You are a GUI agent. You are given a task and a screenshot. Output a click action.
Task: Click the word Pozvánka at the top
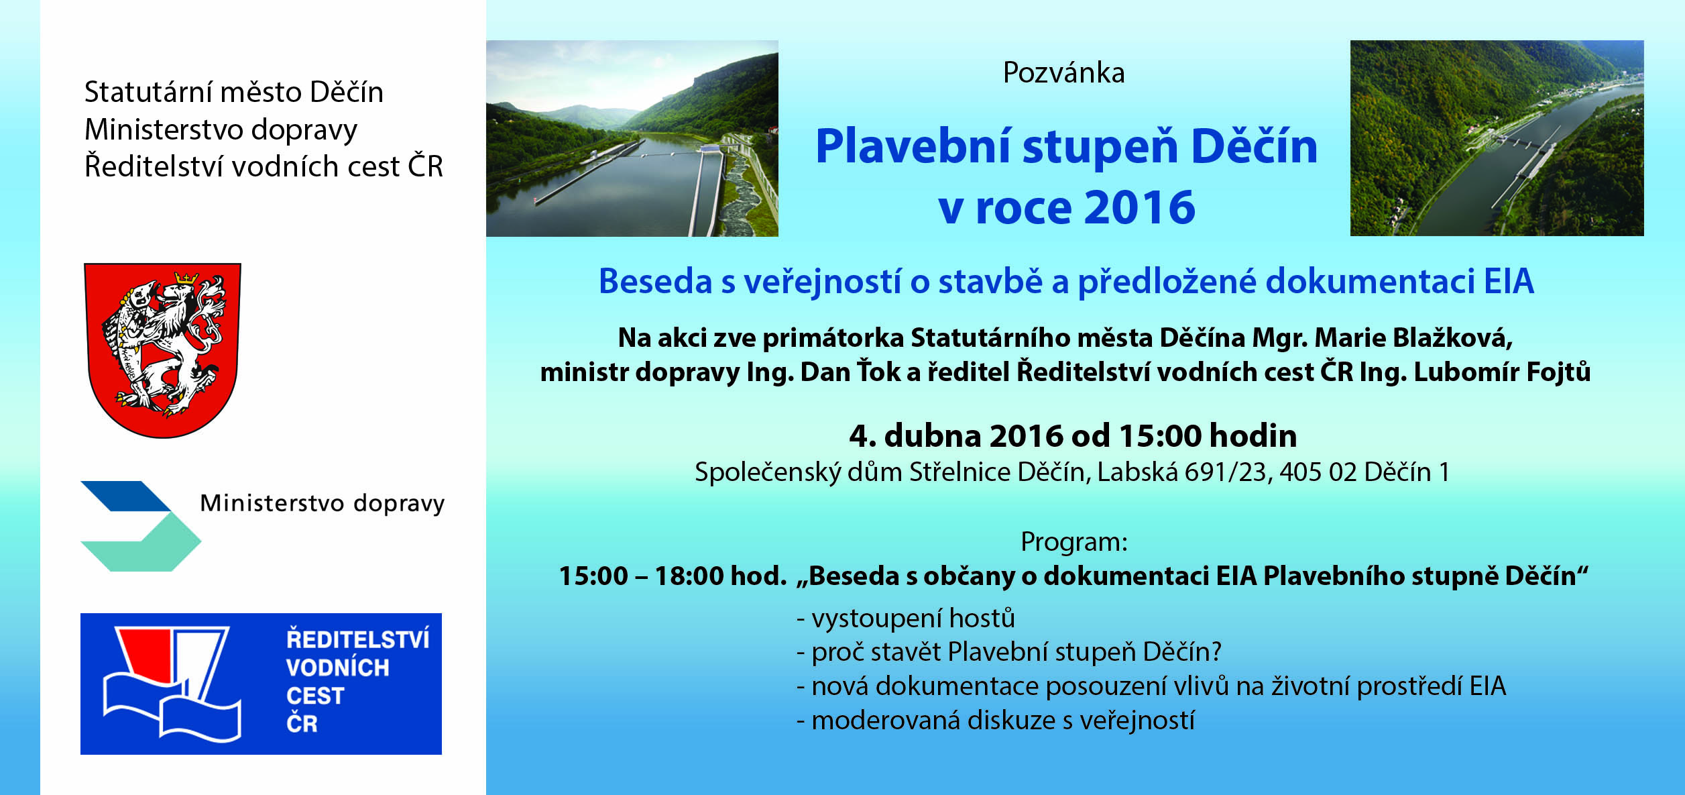1063,73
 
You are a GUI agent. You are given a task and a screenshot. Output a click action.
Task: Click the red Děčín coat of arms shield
162,350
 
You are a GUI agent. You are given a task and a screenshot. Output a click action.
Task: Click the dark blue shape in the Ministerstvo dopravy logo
125,496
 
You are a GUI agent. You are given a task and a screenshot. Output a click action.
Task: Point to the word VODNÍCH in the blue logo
337,668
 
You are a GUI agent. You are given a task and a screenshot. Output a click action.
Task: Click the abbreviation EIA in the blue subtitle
1509,281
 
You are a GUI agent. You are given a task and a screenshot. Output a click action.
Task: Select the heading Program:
1074,542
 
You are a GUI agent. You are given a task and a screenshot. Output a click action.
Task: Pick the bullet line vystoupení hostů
906,618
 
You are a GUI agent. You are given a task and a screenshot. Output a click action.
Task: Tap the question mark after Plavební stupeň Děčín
1215,651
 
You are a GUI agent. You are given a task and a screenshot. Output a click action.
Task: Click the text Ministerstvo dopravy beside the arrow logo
323,503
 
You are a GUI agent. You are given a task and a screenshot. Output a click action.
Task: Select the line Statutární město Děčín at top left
234,92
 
